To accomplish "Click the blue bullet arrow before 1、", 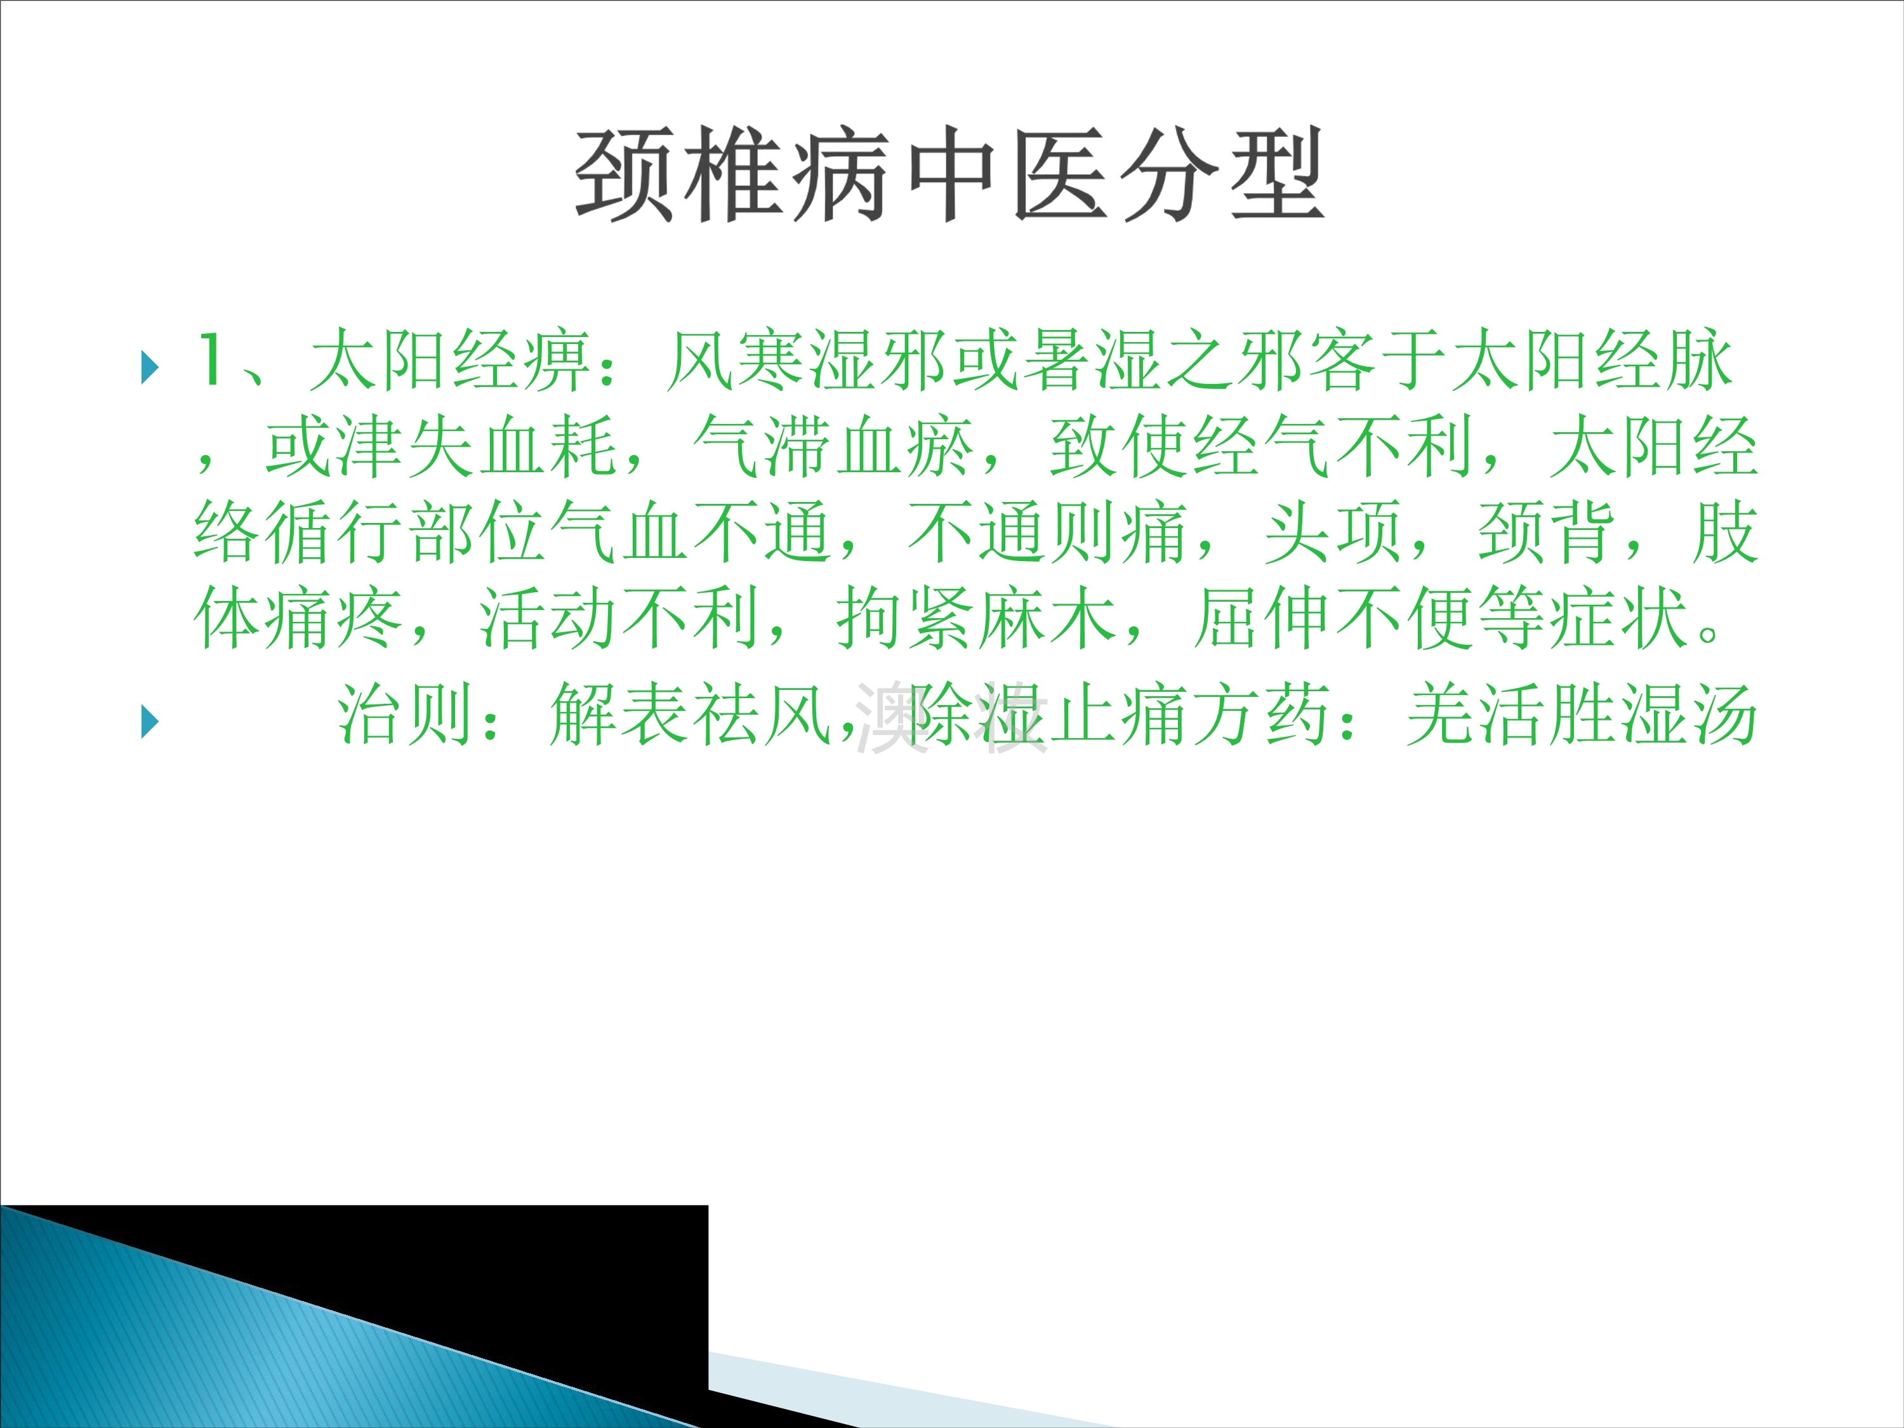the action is point(150,367).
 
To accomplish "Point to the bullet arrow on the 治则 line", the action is point(150,722).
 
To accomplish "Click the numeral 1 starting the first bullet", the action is point(209,360).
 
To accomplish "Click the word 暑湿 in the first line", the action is point(1093,360).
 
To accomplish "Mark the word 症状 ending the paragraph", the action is point(1618,619).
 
